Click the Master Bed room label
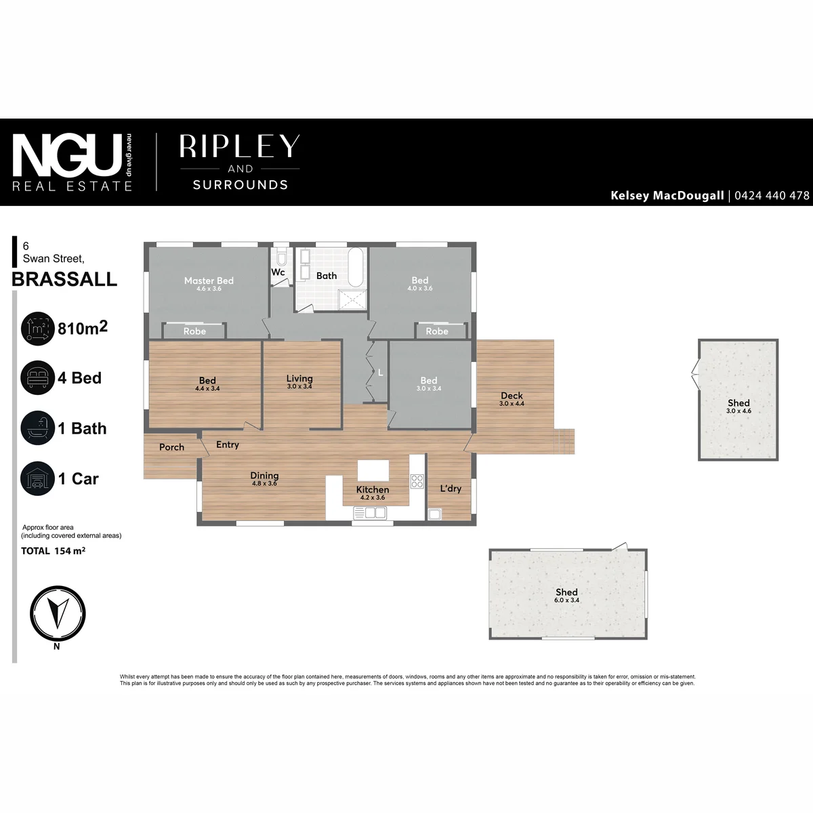click(x=209, y=280)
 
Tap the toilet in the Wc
click(x=281, y=257)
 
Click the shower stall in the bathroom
click(x=353, y=299)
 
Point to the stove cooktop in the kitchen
click(x=417, y=481)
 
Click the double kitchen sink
click(x=370, y=513)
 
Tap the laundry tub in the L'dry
click(x=434, y=514)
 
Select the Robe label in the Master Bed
click(x=194, y=331)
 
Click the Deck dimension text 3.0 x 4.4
click(x=512, y=403)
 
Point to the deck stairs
click(x=564, y=441)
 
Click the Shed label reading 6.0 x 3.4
click(x=566, y=600)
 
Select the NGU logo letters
click(x=68, y=155)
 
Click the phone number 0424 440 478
click(x=772, y=195)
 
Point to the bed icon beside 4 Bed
click(x=37, y=377)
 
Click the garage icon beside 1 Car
click(x=37, y=478)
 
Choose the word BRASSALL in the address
click(x=64, y=279)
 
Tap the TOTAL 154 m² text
click(x=54, y=551)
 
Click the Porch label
click(x=171, y=447)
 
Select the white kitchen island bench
click(x=373, y=470)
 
